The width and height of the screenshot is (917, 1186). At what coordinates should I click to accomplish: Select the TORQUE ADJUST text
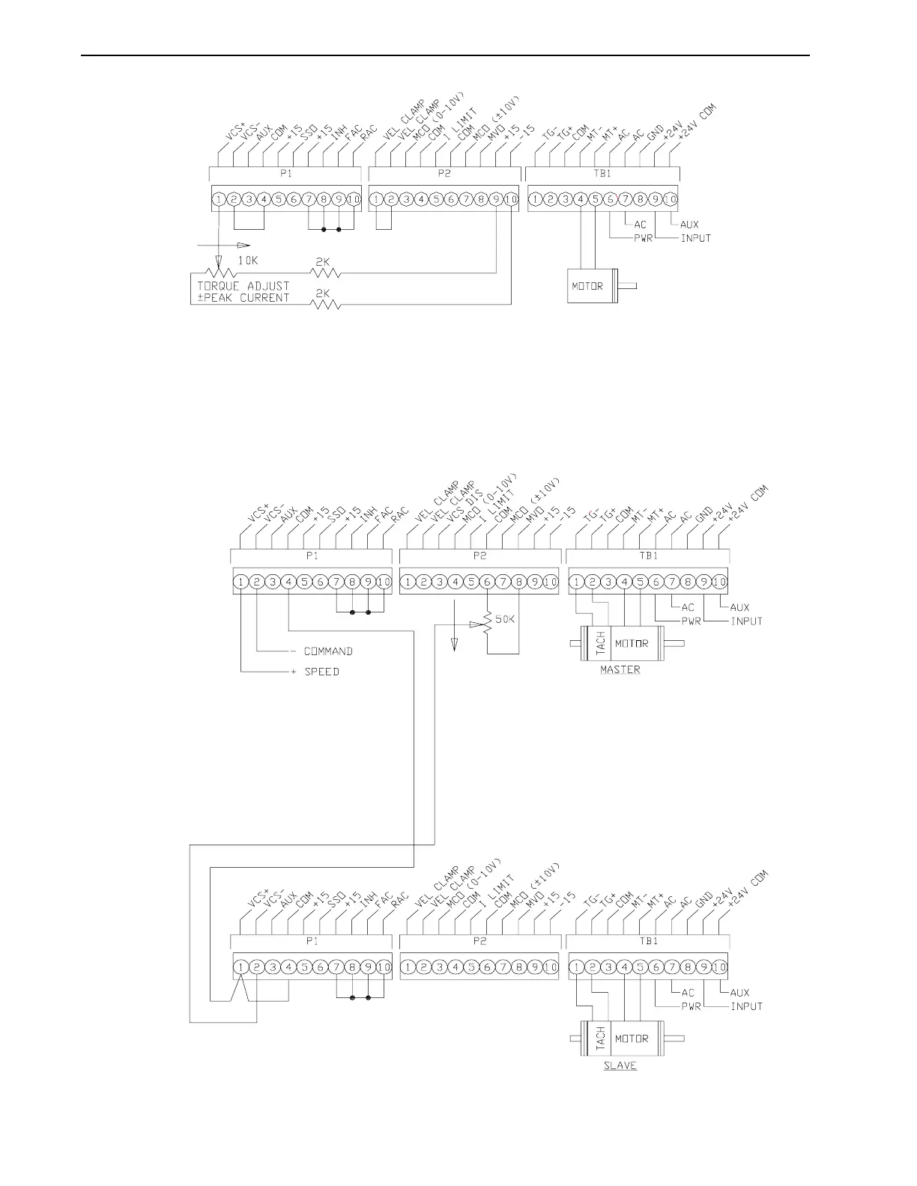pyautogui.click(x=243, y=286)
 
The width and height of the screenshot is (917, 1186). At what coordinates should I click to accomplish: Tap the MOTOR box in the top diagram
pyautogui.click(x=588, y=286)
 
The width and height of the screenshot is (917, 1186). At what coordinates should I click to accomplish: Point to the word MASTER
pyautogui.click(x=620, y=669)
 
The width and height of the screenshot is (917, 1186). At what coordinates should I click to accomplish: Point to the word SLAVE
pyautogui.click(x=620, y=1065)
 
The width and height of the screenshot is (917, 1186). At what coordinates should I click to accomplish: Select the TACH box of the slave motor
pyautogui.click(x=600, y=1039)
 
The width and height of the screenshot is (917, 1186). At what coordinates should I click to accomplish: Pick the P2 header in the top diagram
pyautogui.click(x=444, y=174)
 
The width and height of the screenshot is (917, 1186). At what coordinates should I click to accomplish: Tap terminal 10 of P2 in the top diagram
pyautogui.click(x=511, y=199)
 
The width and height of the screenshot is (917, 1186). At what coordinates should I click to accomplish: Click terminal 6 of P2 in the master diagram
pyautogui.click(x=487, y=582)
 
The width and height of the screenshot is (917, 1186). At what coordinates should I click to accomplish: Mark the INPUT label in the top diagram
pyautogui.click(x=695, y=238)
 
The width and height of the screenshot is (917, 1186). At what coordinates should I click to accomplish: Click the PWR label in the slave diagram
pyautogui.click(x=690, y=1006)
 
